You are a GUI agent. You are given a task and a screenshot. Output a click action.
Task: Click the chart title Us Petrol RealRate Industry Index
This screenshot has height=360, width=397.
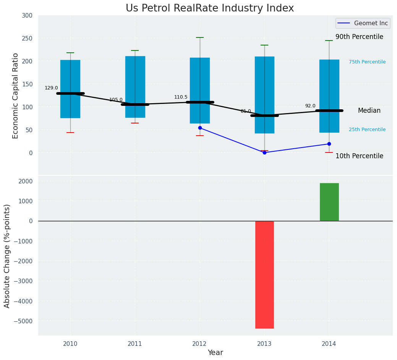point(210,8)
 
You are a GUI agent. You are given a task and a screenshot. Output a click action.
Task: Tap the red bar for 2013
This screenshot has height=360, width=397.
point(264,274)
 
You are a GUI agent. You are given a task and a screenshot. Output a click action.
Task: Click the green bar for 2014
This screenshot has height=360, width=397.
point(329,202)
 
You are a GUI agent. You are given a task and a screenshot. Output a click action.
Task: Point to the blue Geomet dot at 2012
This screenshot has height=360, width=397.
point(200,128)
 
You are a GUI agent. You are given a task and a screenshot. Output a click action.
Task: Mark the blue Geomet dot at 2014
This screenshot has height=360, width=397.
point(329,144)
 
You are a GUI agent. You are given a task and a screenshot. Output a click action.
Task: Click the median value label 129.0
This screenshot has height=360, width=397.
point(51,88)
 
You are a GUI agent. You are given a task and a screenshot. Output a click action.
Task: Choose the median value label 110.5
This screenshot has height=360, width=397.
point(181,97)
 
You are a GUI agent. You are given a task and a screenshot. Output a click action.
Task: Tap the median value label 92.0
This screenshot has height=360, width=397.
point(310,106)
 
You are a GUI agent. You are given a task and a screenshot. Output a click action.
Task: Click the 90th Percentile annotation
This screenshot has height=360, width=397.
point(359,37)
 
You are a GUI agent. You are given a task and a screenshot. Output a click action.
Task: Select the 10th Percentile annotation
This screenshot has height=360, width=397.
point(359,156)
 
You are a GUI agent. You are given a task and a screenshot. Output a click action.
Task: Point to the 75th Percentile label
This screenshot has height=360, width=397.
point(367,62)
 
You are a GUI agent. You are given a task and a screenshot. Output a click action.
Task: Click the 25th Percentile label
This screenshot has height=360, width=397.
point(367,130)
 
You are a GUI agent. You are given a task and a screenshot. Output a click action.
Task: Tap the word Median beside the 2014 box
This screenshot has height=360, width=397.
point(369,111)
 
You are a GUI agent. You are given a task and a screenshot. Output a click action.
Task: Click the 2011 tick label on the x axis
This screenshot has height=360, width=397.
point(135,344)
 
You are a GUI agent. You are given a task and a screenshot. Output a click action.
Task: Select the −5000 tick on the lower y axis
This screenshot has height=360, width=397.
point(23,321)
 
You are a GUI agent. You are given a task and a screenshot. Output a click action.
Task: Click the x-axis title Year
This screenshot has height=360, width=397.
point(216,353)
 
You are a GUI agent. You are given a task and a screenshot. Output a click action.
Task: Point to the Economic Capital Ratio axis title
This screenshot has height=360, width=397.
point(16,96)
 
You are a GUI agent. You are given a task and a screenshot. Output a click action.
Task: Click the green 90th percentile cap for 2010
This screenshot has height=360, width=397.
point(70,53)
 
